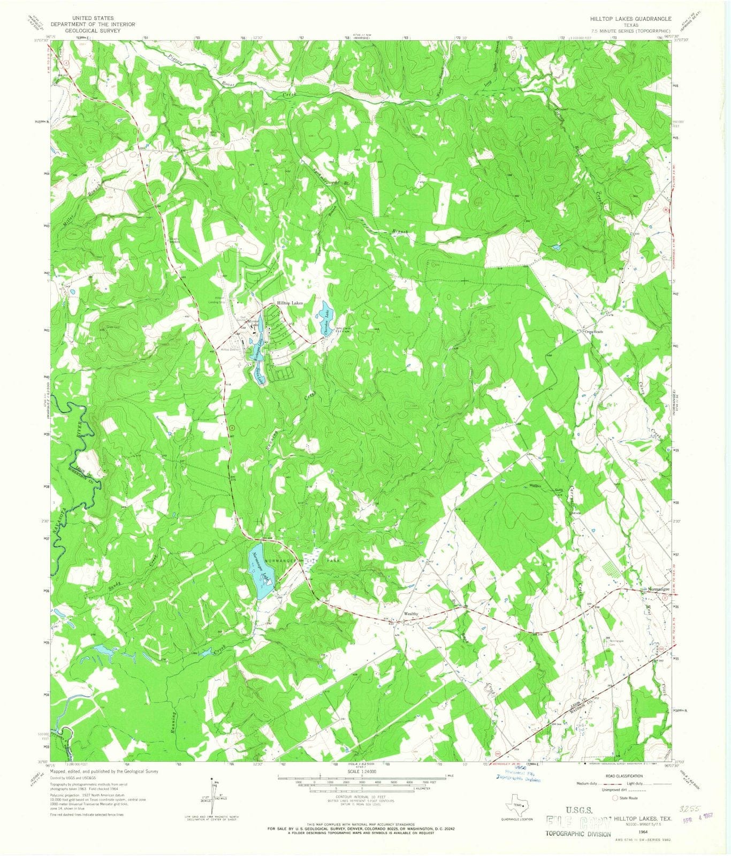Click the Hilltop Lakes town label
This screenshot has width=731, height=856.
click(x=290, y=303)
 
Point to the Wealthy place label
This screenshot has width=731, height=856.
click(x=410, y=614)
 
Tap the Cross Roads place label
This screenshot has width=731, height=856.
click(x=594, y=332)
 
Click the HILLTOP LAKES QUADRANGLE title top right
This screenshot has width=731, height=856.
click(x=630, y=18)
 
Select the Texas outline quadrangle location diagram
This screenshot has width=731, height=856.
click(x=516, y=806)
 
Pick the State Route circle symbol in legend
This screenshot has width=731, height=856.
click(x=615, y=798)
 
